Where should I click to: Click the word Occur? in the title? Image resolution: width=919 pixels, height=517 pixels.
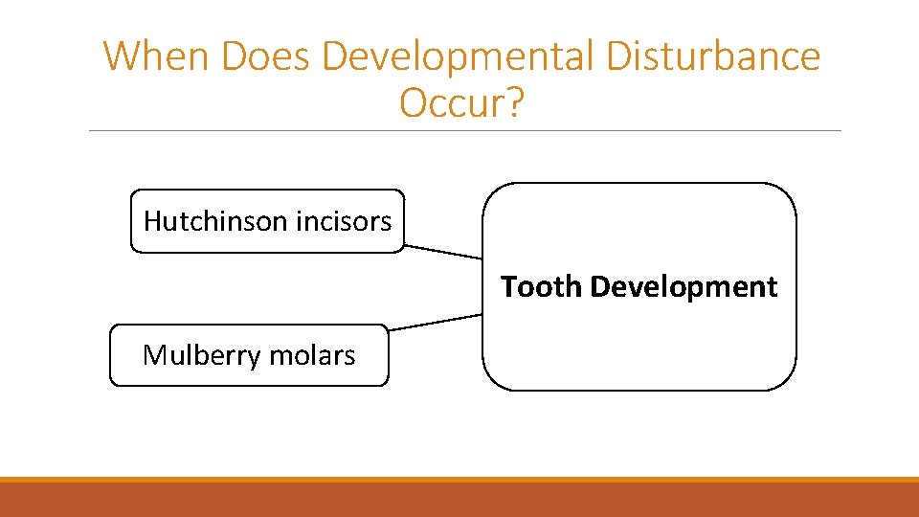click(462, 103)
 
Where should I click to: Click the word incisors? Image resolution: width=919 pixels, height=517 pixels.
click(344, 221)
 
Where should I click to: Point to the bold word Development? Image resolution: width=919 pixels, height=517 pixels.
click(684, 287)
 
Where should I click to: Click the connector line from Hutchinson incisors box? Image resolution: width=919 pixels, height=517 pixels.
click(443, 252)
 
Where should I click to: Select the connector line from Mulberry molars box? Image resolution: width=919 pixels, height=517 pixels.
click(436, 322)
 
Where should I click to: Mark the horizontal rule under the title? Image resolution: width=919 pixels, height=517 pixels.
click(464, 131)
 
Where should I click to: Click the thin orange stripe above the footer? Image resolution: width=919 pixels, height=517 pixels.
click(459, 480)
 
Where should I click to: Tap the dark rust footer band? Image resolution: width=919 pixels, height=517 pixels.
click(459, 500)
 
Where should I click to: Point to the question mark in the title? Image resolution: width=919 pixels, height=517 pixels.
click(515, 103)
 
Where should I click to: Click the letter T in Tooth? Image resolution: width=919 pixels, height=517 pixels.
click(509, 286)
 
